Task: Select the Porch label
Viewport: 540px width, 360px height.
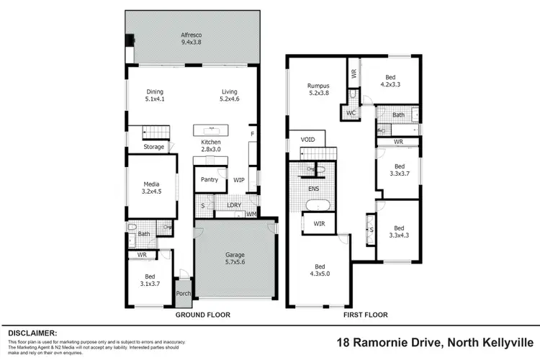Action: pyautogui.click(x=184, y=294)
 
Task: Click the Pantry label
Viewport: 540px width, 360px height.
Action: pyautogui.click(x=210, y=179)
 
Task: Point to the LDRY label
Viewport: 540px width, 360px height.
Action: pyautogui.click(x=233, y=205)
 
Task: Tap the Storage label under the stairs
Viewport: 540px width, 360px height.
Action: pyautogui.click(x=153, y=147)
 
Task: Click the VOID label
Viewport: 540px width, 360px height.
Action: pyautogui.click(x=308, y=139)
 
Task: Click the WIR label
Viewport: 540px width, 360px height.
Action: pyautogui.click(x=318, y=223)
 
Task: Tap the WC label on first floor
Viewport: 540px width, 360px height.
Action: pyautogui.click(x=351, y=113)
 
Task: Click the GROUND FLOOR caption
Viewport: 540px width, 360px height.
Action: pyautogui.click(x=203, y=315)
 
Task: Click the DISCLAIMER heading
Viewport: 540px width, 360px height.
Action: pyautogui.click(x=32, y=333)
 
